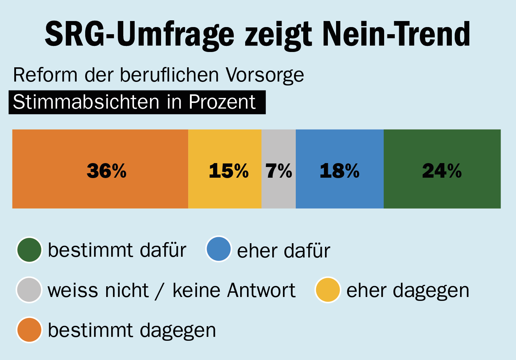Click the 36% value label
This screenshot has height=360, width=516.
(x=107, y=171)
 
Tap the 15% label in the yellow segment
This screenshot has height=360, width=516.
(x=228, y=171)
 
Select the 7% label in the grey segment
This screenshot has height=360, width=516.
(x=279, y=171)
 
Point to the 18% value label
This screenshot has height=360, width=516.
(x=339, y=171)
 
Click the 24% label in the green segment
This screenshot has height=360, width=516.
(x=442, y=171)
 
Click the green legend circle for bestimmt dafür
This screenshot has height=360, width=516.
(x=29, y=250)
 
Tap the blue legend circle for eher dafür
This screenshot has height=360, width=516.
(x=218, y=249)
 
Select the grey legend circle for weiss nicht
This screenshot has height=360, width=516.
(x=29, y=290)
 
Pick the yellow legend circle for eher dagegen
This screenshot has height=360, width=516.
(x=328, y=290)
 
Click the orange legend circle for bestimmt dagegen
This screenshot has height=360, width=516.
(x=29, y=330)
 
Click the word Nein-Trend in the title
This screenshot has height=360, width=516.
(x=396, y=35)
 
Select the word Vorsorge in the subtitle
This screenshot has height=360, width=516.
(x=265, y=75)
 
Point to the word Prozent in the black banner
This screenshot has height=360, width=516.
(x=222, y=102)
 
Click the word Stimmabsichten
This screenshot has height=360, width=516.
(x=86, y=102)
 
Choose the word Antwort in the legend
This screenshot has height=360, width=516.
(x=261, y=290)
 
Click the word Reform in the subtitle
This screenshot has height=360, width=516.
(x=45, y=75)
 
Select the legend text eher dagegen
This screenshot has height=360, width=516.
(x=408, y=291)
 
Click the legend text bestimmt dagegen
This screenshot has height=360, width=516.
(x=132, y=330)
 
